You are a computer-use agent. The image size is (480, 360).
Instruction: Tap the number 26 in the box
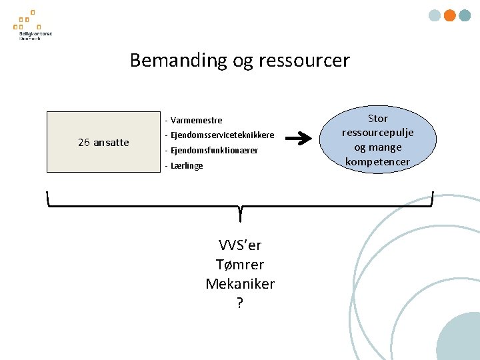point(84,142)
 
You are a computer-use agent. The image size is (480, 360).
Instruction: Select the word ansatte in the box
point(111,142)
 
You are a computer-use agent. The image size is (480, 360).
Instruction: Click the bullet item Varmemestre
point(196,121)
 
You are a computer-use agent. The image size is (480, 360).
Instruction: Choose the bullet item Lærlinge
point(186,165)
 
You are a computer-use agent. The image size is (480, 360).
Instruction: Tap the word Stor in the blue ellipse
point(377,118)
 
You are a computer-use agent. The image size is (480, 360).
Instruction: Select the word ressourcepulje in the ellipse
point(377,132)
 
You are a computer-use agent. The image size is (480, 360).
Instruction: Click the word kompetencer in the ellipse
point(377,161)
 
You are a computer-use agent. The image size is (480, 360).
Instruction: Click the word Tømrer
point(240,264)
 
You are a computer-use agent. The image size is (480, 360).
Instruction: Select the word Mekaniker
point(240,283)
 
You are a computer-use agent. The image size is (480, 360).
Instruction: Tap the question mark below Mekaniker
point(240,303)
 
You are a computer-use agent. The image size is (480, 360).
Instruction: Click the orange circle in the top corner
point(449,15)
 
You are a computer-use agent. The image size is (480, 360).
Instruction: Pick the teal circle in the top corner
point(465,15)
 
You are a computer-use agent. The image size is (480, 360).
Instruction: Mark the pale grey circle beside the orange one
point(435,15)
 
